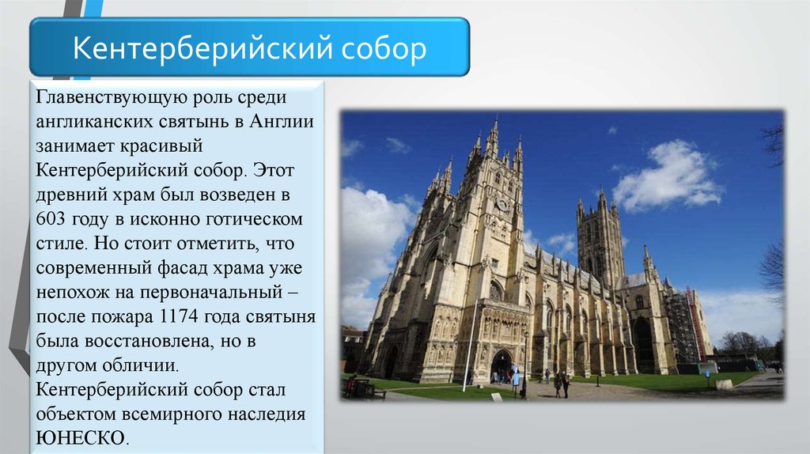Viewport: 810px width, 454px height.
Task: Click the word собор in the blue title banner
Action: pos(384,48)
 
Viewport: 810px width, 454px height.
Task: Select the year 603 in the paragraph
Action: pos(51,219)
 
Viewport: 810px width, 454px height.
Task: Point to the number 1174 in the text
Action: pos(180,316)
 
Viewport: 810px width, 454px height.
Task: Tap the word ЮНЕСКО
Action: pos(81,438)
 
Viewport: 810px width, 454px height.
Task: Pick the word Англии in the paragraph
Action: pos(282,121)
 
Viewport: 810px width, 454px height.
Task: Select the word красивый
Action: pos(161,146)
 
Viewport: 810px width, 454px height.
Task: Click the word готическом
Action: pos(254,219)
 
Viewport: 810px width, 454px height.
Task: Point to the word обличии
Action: pos(140,365)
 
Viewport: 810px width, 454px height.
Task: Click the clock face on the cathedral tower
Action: pos(502,205)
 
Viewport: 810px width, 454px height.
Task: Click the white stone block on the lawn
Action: pos(724,384)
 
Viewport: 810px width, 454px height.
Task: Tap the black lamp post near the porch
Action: pos(525,364)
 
